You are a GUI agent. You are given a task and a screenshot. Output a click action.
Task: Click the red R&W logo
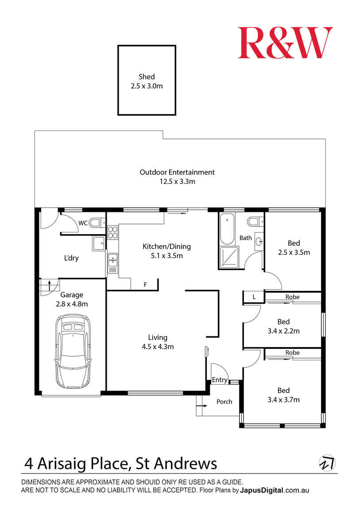point(285,43)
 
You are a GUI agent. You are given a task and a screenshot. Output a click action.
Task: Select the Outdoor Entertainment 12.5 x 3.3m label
point(177,177)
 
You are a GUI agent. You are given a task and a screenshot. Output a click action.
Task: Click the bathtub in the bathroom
point(227,229)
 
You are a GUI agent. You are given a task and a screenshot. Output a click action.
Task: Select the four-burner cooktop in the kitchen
point(112,232)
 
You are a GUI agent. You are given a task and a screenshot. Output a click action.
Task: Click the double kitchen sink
point(112,260)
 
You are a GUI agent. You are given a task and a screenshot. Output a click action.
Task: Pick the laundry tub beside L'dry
point(99,243)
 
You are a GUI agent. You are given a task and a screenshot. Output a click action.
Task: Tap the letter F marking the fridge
point(145,285)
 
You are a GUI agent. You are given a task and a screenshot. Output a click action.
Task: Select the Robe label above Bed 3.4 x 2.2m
point(292,297)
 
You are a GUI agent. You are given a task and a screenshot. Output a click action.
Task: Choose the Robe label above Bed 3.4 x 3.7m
point(292,353)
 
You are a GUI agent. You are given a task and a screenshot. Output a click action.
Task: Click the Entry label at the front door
point(220,380)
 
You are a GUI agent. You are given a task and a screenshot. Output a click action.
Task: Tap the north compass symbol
point(327,463)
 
